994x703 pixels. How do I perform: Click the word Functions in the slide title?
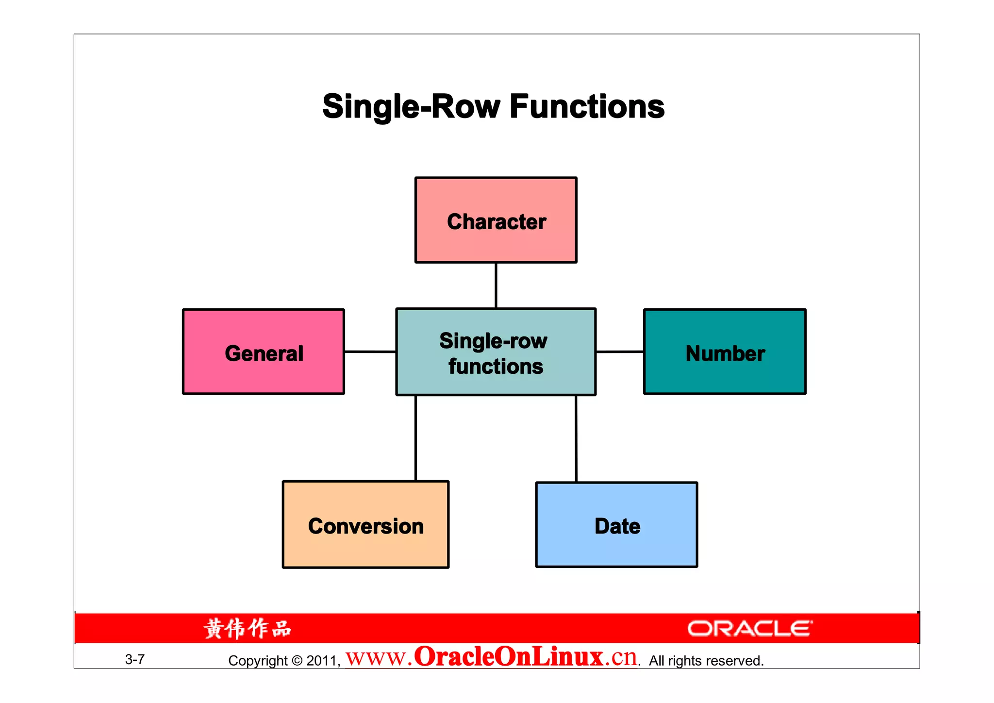[587, 107]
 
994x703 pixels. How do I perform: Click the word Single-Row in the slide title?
[411, 107]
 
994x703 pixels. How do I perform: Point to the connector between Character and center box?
[496, 285]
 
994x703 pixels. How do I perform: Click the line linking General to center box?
[370, 351]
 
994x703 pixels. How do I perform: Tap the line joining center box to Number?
[620, 351]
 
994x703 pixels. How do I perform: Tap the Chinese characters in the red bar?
[248, 629]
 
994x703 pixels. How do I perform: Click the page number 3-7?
[134, 659]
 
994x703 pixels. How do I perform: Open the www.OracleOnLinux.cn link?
[491, 657]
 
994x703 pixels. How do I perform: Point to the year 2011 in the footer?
[322, 661]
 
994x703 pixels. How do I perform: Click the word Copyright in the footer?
[258, 661]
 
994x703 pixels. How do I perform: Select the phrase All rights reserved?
[706, 661]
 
